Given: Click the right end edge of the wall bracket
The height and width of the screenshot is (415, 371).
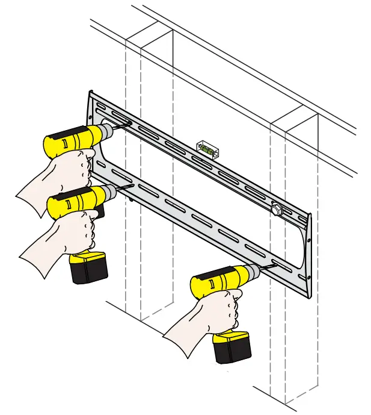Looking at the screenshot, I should pyautogui.click(x=309, y=253).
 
